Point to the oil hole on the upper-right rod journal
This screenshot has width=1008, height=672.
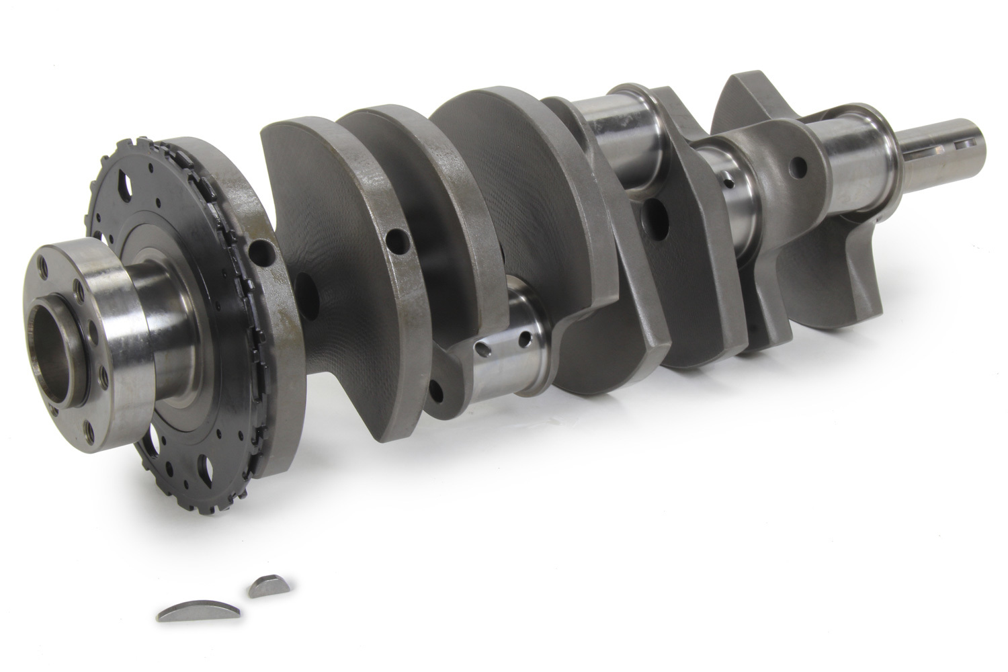[x=728, y=180]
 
